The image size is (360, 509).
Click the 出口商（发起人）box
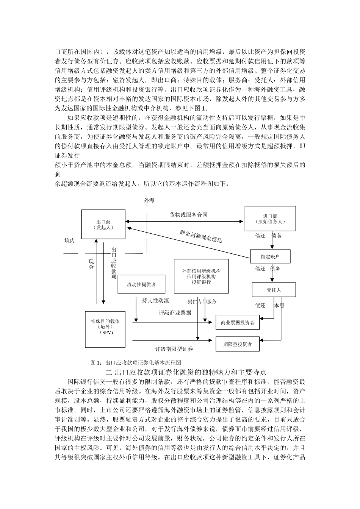103,224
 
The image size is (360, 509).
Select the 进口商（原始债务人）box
270,219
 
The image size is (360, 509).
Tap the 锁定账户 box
270,256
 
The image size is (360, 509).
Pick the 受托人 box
274,290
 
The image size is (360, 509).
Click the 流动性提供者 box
141,284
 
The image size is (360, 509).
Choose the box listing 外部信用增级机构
201,276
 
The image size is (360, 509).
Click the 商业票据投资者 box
238,323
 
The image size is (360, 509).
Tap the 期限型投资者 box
238,344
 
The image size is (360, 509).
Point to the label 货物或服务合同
188,215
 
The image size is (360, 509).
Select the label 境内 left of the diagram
70,240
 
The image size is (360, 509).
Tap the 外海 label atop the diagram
149,200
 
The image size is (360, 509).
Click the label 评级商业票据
175,313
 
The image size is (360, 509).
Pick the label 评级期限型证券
174,349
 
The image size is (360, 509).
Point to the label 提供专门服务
202,301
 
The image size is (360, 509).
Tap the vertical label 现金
91,264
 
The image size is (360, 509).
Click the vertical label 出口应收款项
114,263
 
